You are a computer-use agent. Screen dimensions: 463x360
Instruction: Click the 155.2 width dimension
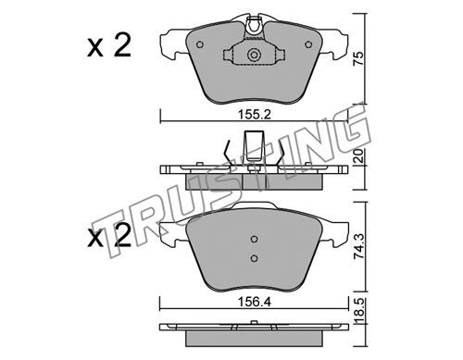coord(254,115)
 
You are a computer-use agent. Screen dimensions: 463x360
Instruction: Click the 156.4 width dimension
coord(254,302)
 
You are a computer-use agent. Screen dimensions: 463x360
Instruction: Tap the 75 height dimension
coord(359,58)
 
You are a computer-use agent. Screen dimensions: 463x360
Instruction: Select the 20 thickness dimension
coord(359,156)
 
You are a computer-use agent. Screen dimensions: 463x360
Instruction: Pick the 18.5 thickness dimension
coord(359,311)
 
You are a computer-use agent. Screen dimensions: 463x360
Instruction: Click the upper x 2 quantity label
coord(109,45)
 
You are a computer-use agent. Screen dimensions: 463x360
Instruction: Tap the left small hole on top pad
coord(200,44)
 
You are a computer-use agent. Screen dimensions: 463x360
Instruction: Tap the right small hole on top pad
coord(308,44)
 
